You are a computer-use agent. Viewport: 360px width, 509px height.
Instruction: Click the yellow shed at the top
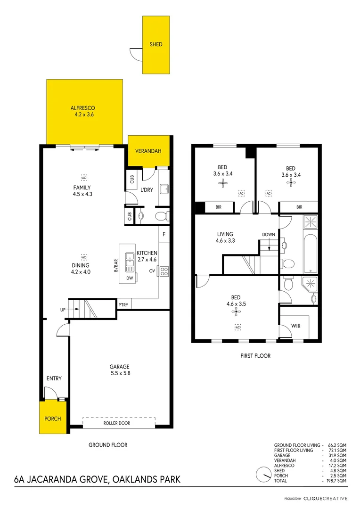(156, 45)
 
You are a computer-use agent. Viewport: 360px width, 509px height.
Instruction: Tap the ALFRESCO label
(84, 108)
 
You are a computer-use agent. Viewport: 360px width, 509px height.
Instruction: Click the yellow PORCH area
(53, 418)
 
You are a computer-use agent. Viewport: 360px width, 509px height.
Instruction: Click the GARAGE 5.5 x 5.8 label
(119, 370)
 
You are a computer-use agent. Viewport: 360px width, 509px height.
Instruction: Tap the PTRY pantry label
(123, 305)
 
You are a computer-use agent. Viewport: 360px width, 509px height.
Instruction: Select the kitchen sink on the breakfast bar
(130, 262)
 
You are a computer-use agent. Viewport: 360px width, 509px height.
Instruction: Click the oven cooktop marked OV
(165, 271)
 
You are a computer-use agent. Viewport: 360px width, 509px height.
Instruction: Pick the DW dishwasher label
(130, 279)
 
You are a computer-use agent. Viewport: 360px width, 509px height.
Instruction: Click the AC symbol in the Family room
(84, 178)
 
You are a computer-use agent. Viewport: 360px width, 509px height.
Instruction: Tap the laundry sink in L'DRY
(164, 189)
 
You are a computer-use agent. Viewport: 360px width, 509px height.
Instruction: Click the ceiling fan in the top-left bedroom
(223, 184)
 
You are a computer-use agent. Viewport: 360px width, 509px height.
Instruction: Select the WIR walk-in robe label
(296, 326)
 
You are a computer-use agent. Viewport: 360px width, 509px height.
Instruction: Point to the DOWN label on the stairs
(269, 235)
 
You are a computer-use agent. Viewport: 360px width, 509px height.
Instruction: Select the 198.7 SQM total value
(337, 481)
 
